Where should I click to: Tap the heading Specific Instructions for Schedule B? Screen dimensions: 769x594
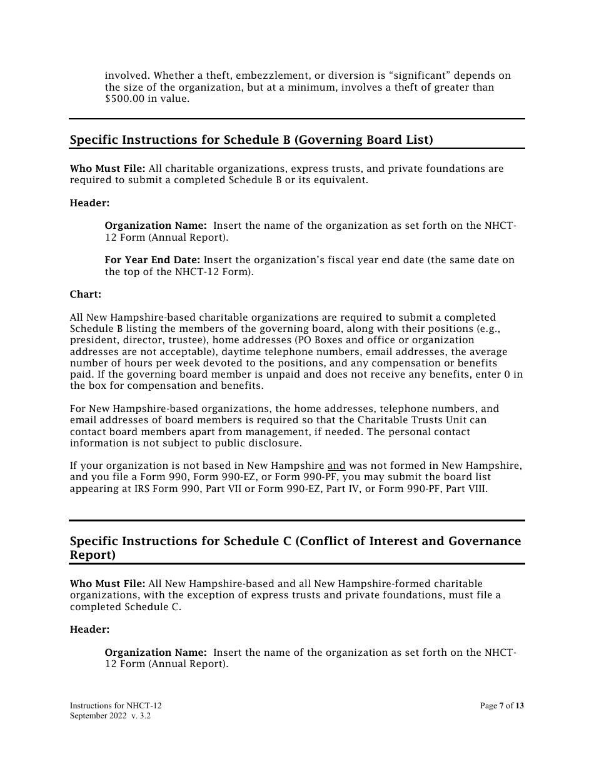click(x=251, y=140)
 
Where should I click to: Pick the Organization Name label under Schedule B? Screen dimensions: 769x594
click(x=156, y=226)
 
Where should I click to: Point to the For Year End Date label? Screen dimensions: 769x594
click(x=153, y=260)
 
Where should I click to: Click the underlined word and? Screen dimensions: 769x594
click(x=336, y=466)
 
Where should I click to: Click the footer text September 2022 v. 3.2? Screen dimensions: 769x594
click(x=110, y=716)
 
